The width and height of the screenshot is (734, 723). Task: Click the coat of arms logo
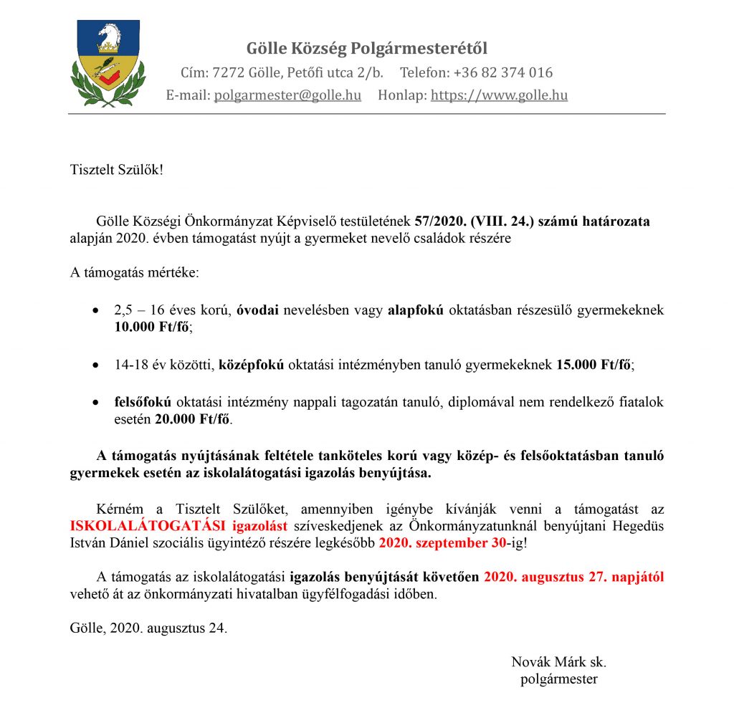pos(108,63)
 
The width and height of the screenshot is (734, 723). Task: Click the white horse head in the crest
pos(108,35)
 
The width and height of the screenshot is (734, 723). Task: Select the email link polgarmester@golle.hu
pos(287,95)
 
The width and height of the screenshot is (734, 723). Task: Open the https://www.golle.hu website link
pos(499,95)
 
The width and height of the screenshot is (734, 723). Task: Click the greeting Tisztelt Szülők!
pos(117,170)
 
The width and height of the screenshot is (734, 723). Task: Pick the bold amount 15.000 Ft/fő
pos(594,365)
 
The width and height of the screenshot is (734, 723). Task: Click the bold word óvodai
pos(259,311)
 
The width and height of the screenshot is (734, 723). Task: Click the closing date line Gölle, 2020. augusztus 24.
pos(148,628)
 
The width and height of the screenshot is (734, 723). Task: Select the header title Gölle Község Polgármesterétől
pos(367,49)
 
